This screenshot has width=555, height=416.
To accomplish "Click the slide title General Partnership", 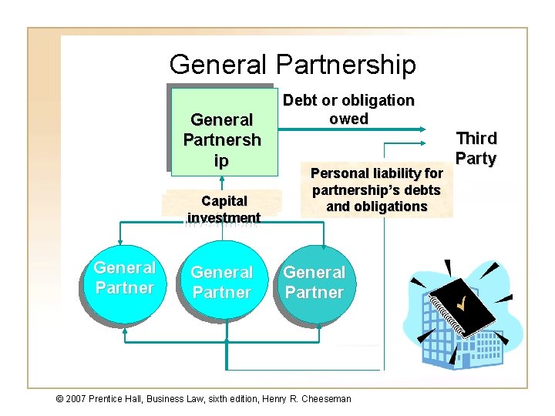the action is pyautogui.click(x=292, y=64).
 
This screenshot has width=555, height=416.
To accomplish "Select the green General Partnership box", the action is pyautogui.click(x=222, y=130).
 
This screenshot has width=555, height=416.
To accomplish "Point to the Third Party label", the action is pyautogui.click(x=476, y=148).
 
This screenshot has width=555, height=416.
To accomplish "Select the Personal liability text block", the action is pyautogui.click(x=376, y=190).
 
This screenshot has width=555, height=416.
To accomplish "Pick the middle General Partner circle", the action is pyautogui.click(x=222, y=283).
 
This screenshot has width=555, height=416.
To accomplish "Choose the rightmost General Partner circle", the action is pyautogui.click(x=314, y=283).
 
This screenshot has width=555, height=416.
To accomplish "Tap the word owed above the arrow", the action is pyautogui.click(x=348, y=119).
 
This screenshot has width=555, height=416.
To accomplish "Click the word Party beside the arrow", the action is pyautogui.click(x=476, y=158).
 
